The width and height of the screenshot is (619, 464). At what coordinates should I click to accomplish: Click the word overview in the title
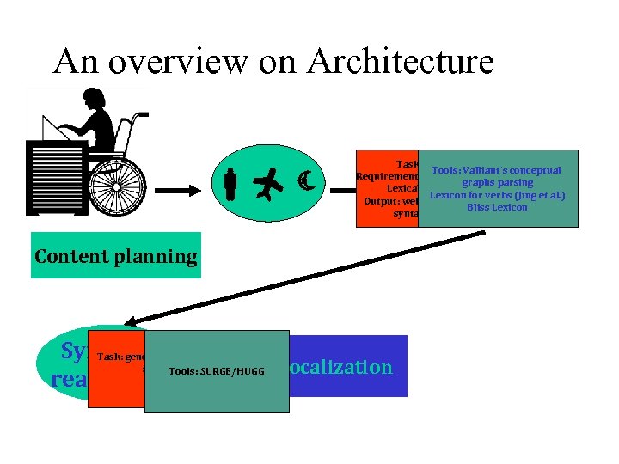pyautogui.click(x=191, y=61)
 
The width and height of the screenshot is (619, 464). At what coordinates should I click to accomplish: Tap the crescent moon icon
pyautogui.click(x=304, y=180)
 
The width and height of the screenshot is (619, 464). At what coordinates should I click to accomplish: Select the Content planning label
pyautogui.click(x=116, y=256)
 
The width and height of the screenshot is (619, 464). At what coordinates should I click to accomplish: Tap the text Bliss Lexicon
pyautogui.click(x=497, y=207)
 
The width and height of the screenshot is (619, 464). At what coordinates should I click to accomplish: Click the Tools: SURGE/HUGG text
pyautogui.click(x=217, y=371)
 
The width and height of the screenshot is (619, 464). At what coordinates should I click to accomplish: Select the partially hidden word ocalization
pyautogui.click(x=340, y=367)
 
